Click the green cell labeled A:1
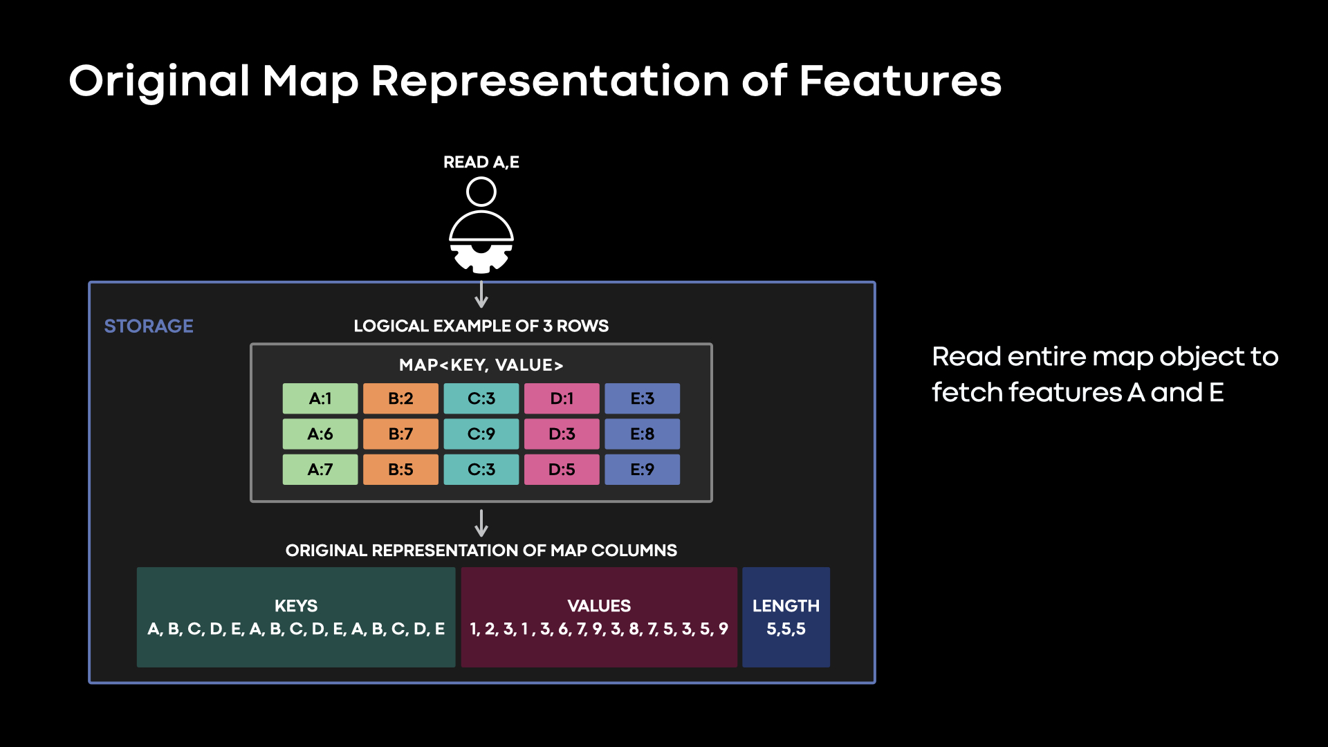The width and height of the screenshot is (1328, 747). pos(320,398)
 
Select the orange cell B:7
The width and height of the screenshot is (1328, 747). pos(400,434)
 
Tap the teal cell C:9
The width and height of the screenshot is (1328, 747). pos(481,434)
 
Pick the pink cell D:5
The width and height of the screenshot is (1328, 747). pos(562,470)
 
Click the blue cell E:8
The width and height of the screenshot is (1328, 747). pos(642,434)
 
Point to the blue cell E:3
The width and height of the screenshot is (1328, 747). pos(642,398)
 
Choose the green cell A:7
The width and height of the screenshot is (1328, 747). pos(320,470)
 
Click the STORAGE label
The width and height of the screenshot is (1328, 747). pos(149,326)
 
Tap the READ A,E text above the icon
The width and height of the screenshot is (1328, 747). pos(481,162)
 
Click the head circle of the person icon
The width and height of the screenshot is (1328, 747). pos(481,192)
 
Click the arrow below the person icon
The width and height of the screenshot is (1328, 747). pos(481,295)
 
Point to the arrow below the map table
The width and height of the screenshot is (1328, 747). pos(481,524)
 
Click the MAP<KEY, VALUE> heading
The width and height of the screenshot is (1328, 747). pos(481,365)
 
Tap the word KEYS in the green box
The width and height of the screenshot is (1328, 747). pos(296,606)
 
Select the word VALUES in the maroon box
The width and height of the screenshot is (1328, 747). pos(599,606)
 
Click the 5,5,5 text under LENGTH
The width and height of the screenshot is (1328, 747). pos(786,629)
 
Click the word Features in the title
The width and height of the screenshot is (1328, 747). pos(900,81)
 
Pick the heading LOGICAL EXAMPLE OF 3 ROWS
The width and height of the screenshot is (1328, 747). pos(481,326)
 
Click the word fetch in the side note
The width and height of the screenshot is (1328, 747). pos(966,393)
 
